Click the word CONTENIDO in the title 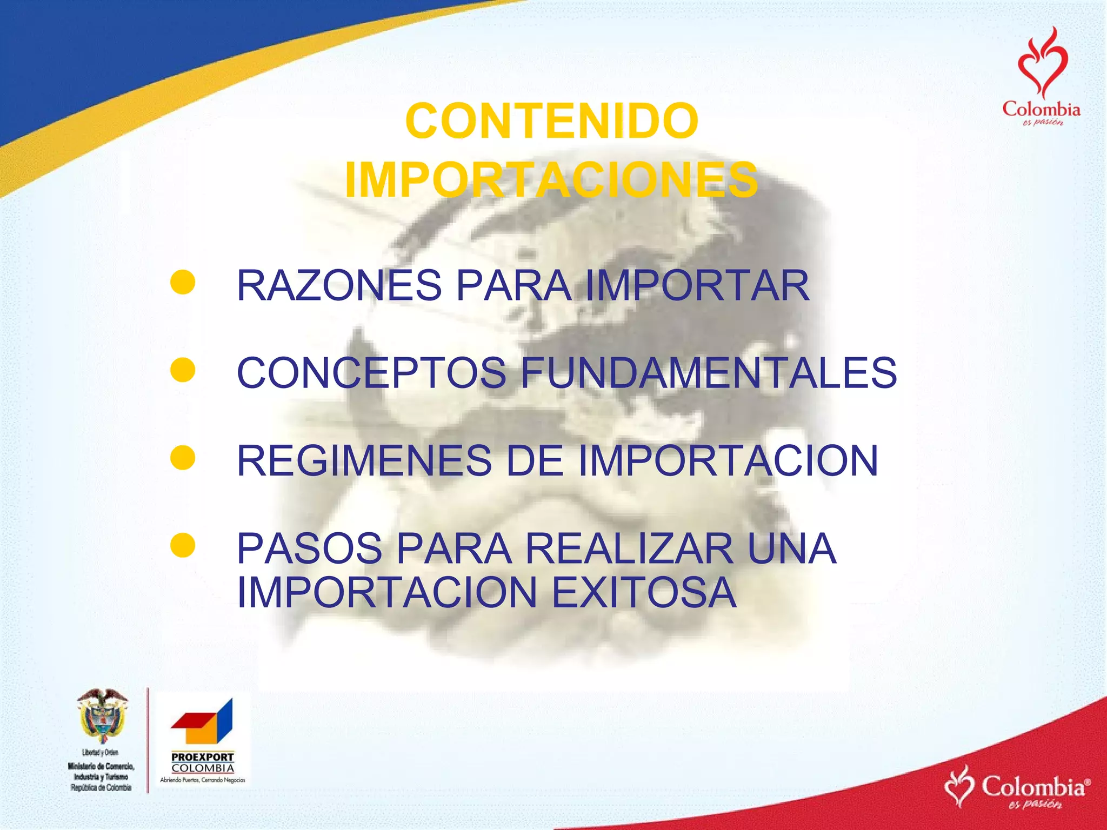pyautogui.click(x=551, y=121)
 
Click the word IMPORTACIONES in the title pyautogui.click(x=551, y=180)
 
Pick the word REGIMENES pyautogui.click(x=364, y=460)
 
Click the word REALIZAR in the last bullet pyautogui.click(x=629, y=548)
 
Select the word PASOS pyautogui.click(x=309, y=548)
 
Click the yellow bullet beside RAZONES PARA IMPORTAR pyautogui.click(x=183, y=283)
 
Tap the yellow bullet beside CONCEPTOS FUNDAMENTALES pyautogui.click(x=183, y=370)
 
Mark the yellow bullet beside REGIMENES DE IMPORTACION pyautogui.click(x=183, y=458)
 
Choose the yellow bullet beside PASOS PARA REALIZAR pyautogui.click(x=183, y=545)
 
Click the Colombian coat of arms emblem pyautogui.click(x=102, y=717)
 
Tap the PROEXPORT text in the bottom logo pyautogui.click(x=203, y=757)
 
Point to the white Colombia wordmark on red pyautogui.click(x=1033, y=787)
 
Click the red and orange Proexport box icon pyautogui.click(x=202, y=722)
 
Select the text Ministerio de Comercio pyautogui.click(x=101, y=766)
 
